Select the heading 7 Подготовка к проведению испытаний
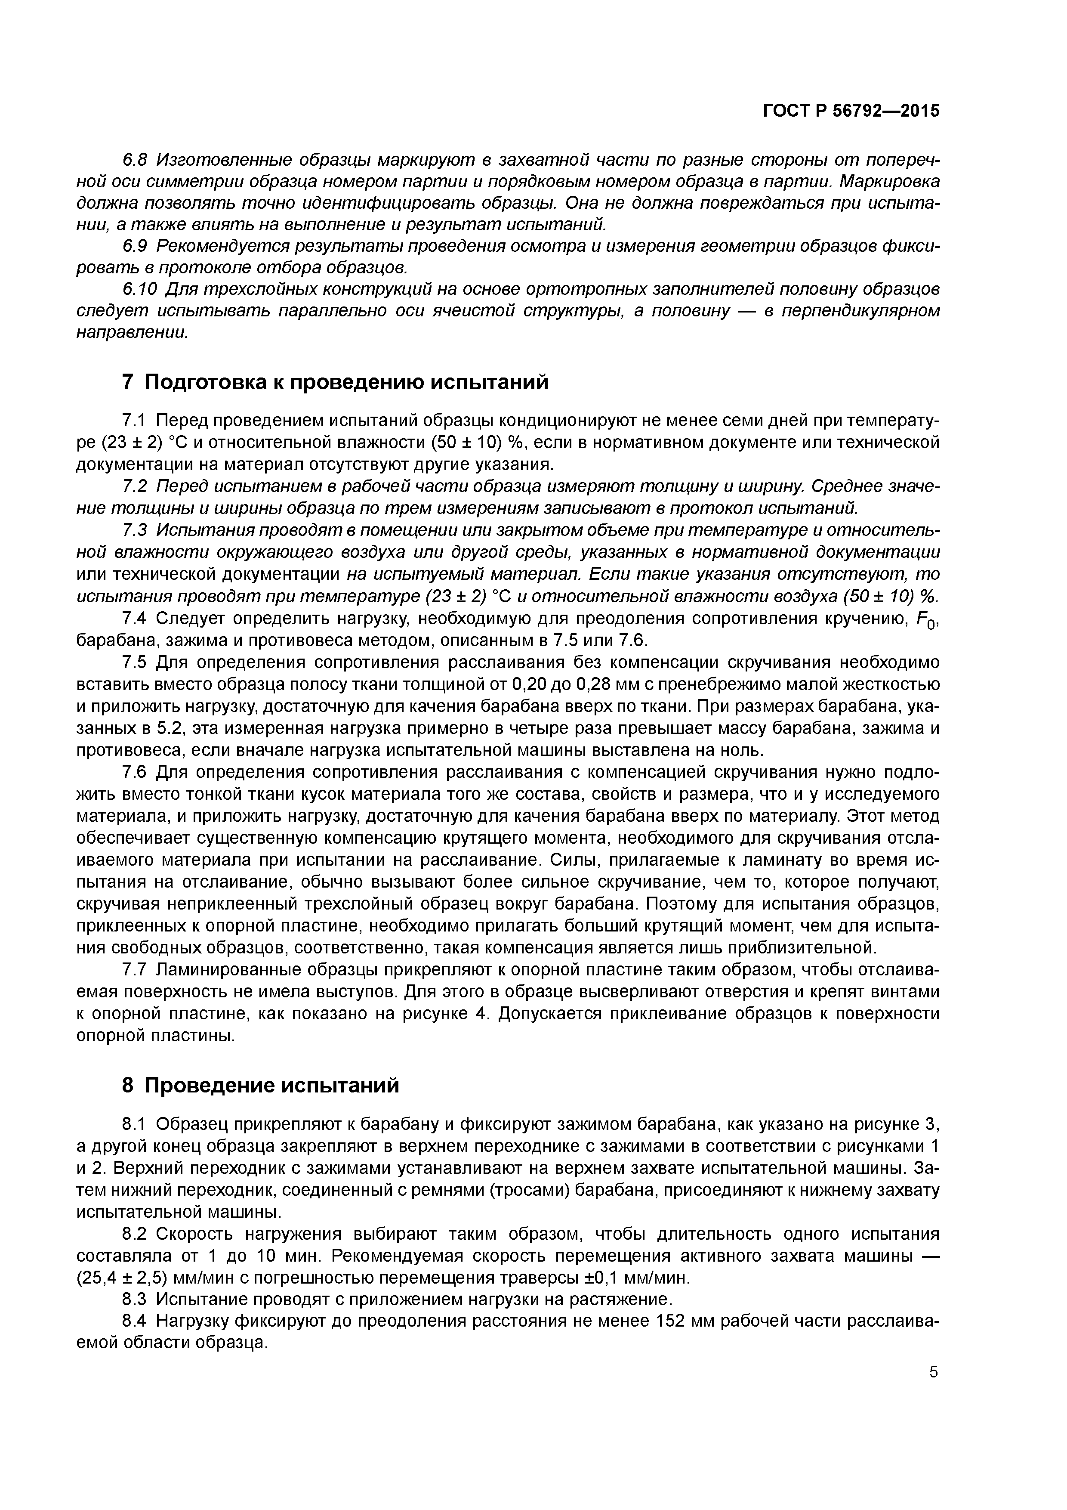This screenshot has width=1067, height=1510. pos(335,381)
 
